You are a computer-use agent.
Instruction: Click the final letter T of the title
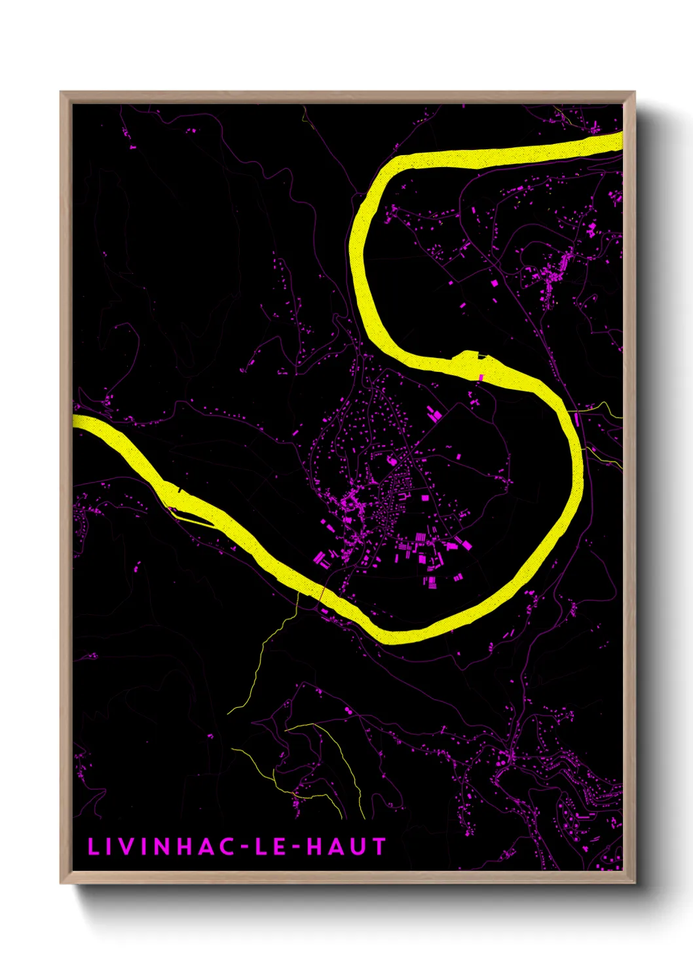tap(379, 847)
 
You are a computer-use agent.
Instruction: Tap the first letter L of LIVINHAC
tap(92, 847)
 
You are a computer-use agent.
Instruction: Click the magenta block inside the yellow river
tap(482, 377)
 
